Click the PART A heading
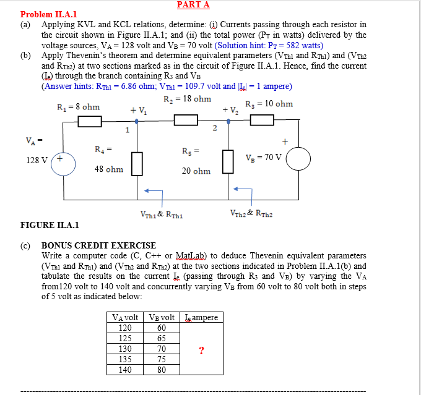(x=193, y=5)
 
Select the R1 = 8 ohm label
(x=78, y=107)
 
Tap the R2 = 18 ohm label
(x=188, y=99)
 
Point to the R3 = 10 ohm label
(x=269, y=104)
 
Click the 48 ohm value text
(x=109, y=169)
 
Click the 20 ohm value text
(x=196, y=171)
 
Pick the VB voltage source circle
(x=298, y=158)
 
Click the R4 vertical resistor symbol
(x=137, y=162)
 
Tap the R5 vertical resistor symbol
(x=228, y=162)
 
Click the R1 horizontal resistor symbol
(x=89, y=121)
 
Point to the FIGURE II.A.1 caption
(x=50, y=226)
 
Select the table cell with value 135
(x=126, y=360)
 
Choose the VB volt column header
(x=162, y=318)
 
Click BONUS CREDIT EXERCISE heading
(x=99, y=245)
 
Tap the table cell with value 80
(x=162, y=370)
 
